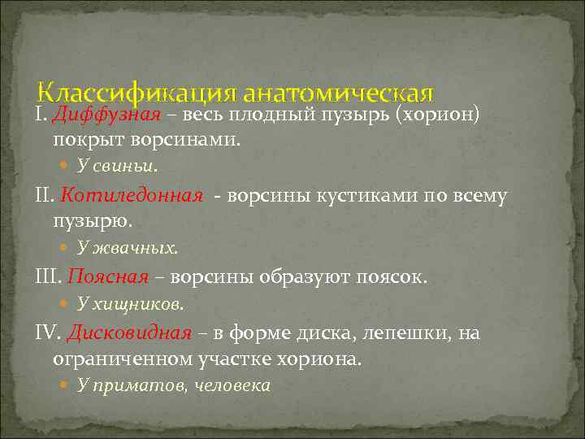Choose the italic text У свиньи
tap(118, 166)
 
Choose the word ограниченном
tap(122, 358)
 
